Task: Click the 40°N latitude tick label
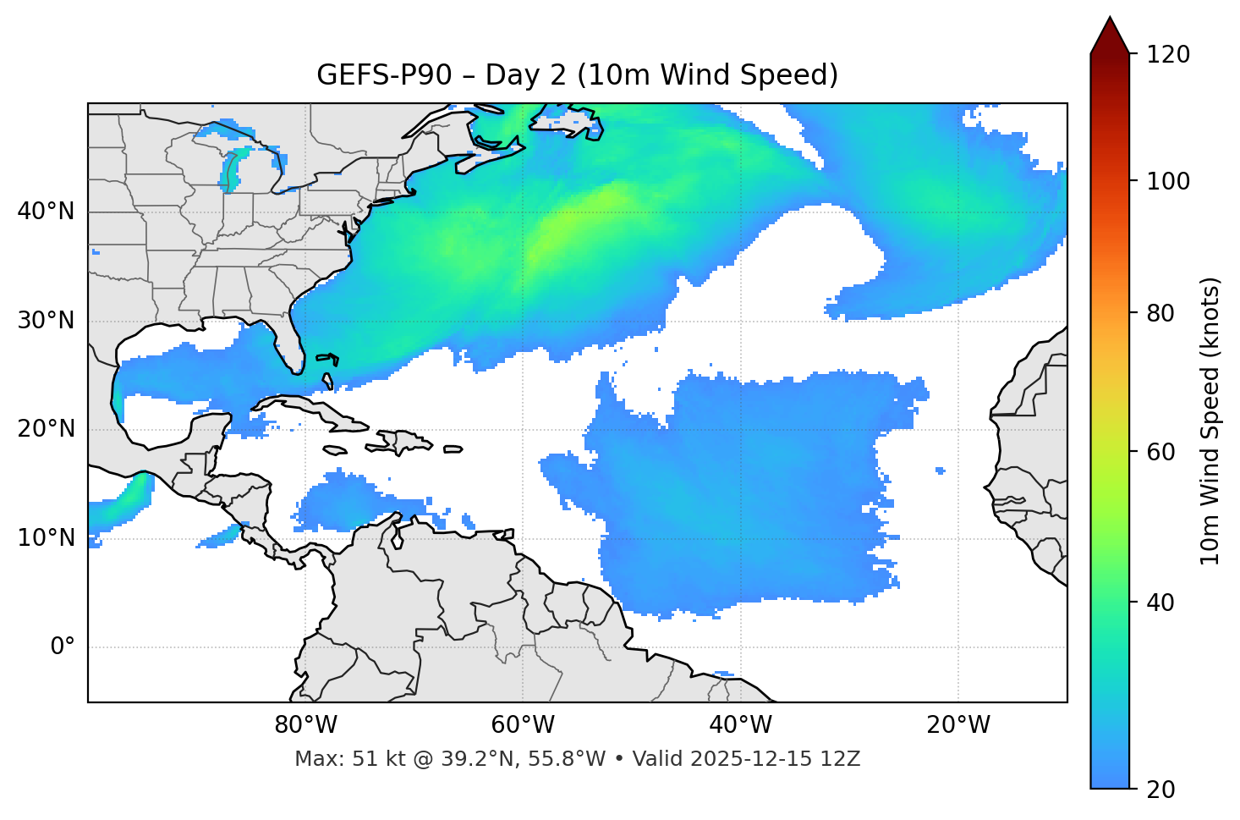click(x=46, y=212)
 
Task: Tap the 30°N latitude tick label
click(x=46, y=321)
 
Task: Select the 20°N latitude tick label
click(x=46, y=429)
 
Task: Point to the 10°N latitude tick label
click(x=46, y=538)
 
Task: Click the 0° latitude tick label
click(x=63, y=647)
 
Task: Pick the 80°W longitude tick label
click(x=305, y=725)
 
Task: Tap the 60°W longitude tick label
click(x=523, y=725)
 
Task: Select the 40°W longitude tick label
click(x=740, y=725)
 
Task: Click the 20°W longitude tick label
click(x=958, y=725)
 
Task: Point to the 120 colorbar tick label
click(x=1168, y=55)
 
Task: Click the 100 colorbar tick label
click(x=1168, y=181)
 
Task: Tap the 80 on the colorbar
click(x=1160, y=313)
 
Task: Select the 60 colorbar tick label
click(x=1160, y=452)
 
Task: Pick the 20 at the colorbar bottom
click(x=1160, y=790)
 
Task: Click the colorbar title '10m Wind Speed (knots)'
click(x=1210, y=421)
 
